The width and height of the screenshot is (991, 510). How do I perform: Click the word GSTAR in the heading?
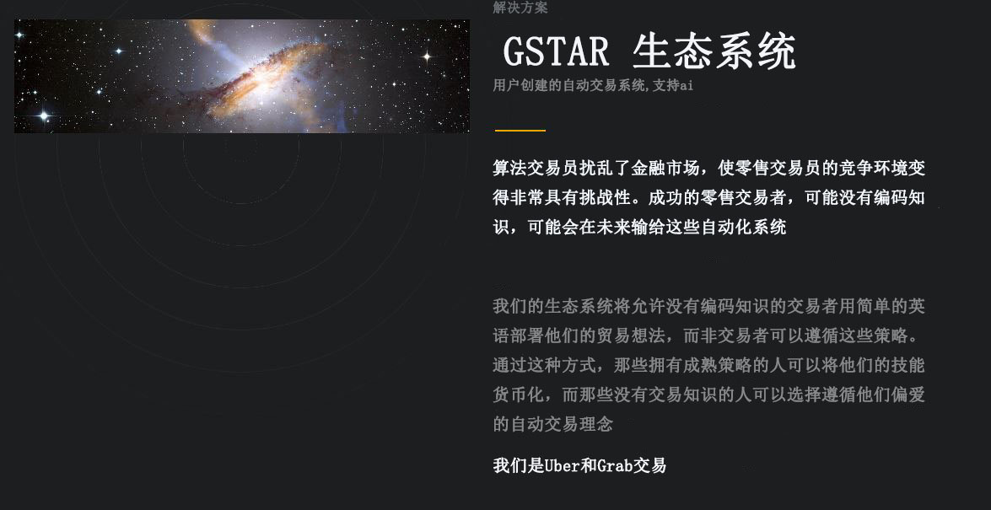point(556,51)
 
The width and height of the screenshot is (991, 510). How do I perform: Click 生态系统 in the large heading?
point(714,51)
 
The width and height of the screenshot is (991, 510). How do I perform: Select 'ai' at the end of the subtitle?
point(687,85)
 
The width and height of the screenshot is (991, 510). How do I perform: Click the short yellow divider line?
point(520,130)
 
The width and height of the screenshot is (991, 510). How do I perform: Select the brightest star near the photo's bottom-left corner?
point(44,115)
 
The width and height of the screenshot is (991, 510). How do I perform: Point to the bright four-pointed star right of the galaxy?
point(427,56)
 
